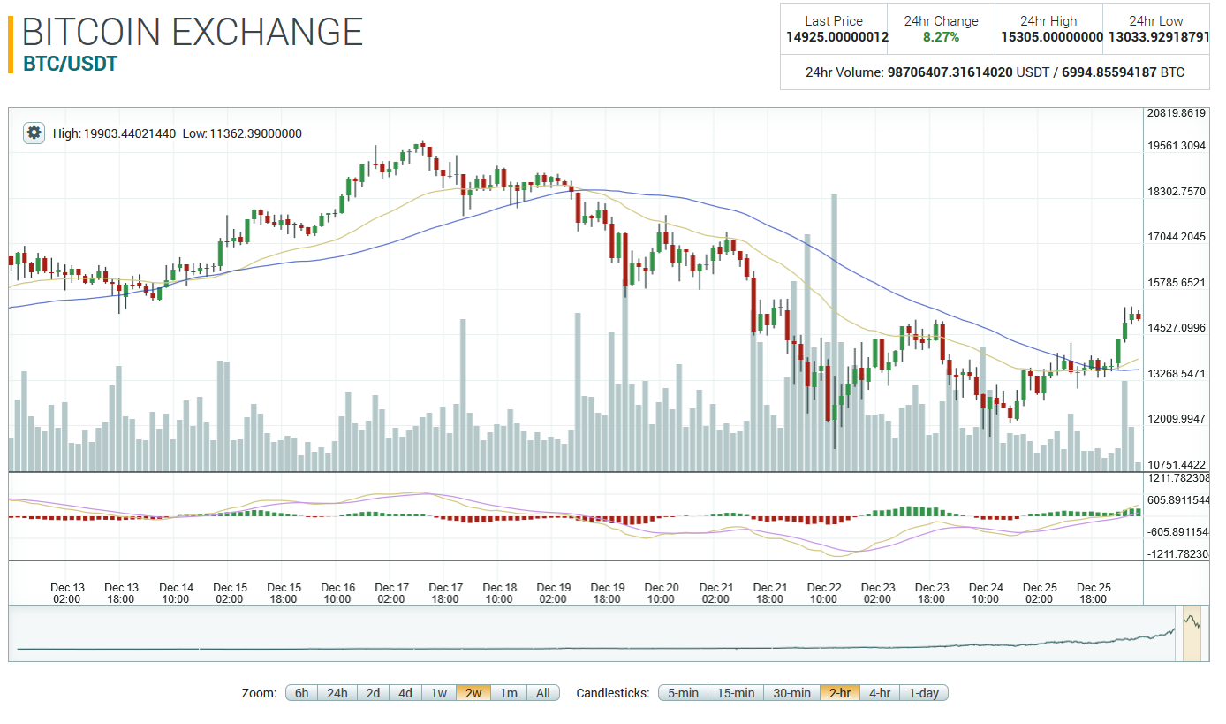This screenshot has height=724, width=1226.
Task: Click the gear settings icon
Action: point(34,133)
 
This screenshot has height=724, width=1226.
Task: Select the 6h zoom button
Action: point(301,693)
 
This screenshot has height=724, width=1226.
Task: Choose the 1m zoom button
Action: point(509,693)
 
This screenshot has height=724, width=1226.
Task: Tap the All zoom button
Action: point(543,693)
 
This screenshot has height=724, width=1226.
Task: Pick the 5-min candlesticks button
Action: point(683,693)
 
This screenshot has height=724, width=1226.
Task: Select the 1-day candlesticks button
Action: point(924,693)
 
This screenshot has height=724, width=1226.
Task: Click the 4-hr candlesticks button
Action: point(880,693)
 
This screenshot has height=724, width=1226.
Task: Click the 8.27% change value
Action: point(941,37)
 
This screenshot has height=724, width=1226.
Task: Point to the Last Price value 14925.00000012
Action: point(837,37)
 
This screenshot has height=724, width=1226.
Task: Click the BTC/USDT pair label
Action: point(70,64)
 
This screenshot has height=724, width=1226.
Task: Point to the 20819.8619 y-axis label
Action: point(1176,113)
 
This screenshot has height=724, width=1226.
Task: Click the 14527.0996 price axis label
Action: point(1176,328)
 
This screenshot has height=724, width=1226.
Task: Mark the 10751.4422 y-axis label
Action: point(1176,465)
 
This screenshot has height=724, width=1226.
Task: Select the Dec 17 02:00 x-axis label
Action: point(391,593)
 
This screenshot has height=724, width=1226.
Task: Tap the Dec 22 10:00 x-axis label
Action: point(823,593)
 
